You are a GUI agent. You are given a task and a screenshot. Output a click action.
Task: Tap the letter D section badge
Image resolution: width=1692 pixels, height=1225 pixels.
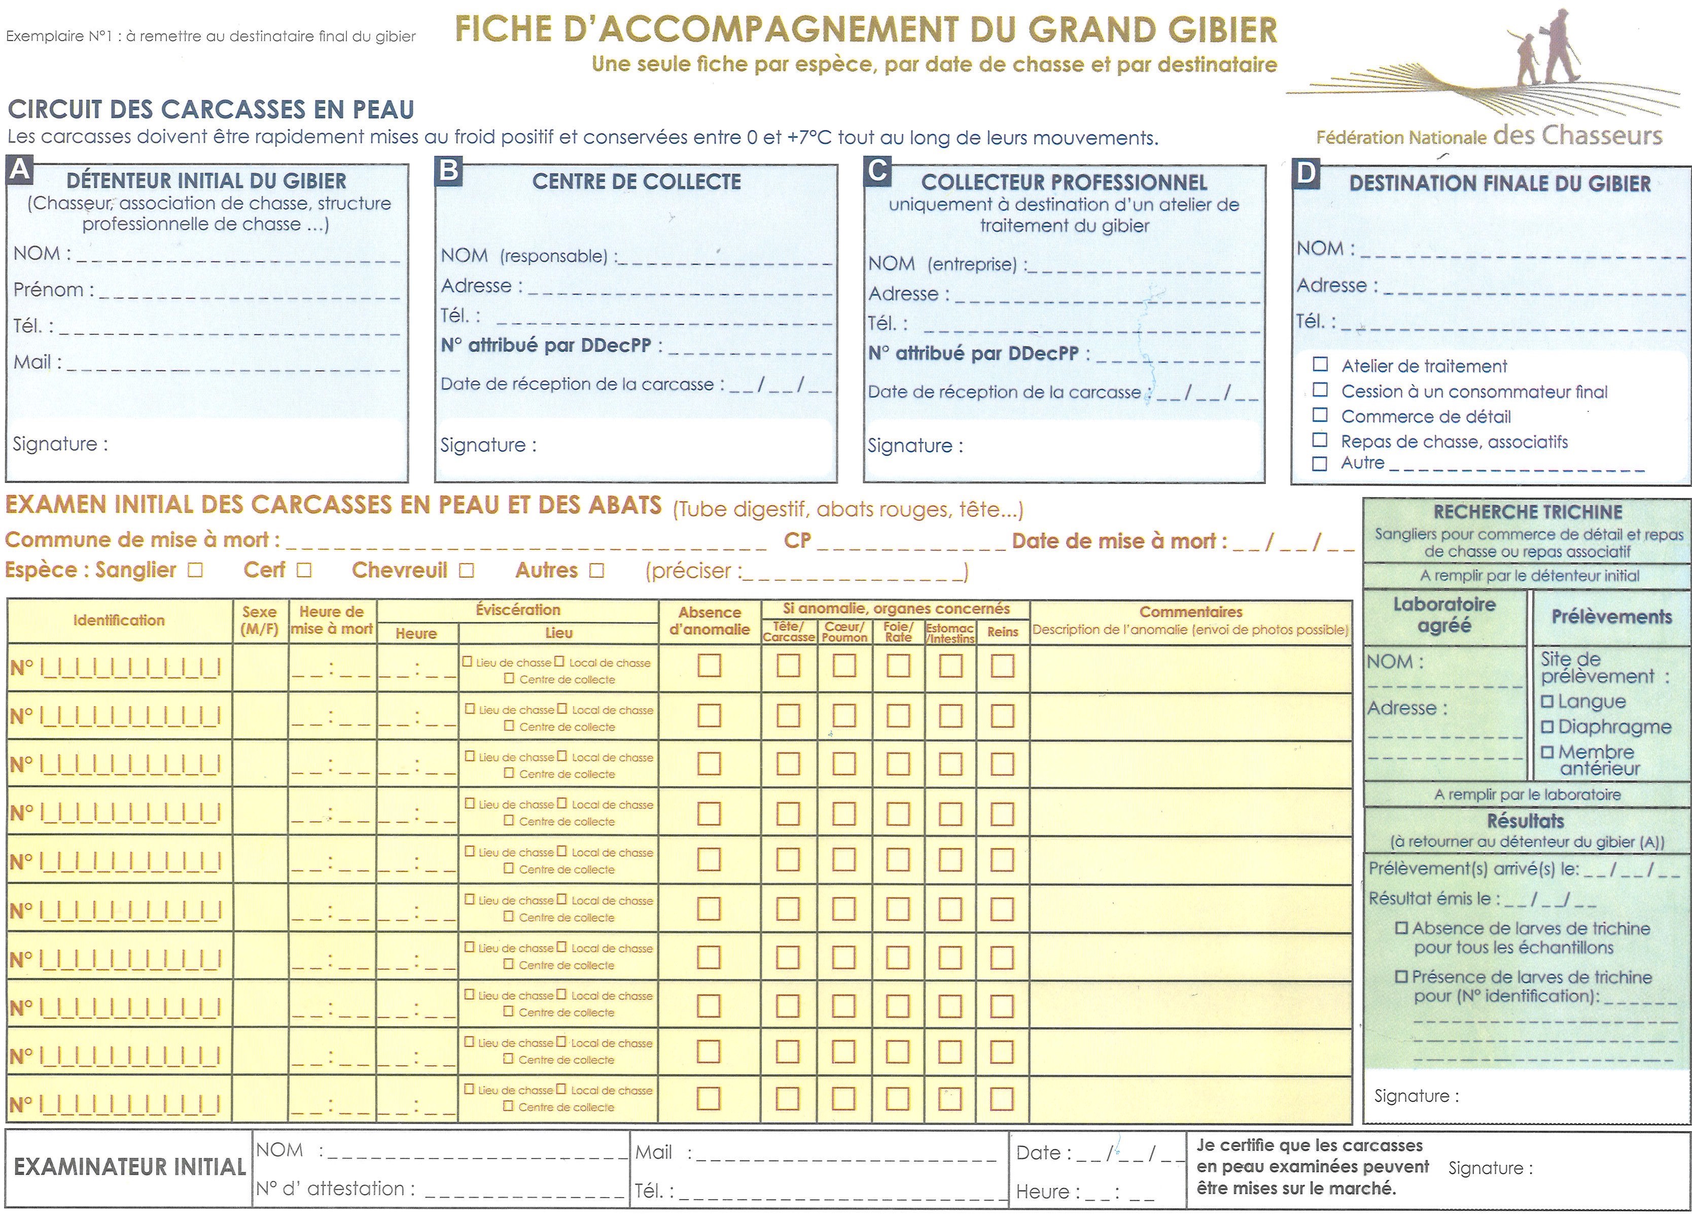(x=1306, y=173)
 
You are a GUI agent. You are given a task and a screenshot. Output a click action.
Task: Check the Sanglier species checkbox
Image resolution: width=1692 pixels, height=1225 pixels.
(x=195, y=571)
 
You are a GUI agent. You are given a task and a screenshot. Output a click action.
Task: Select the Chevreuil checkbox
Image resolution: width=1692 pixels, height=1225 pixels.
(x=466, y=571)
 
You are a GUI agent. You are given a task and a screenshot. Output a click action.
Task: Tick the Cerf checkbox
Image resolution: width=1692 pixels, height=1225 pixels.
(x=304, y=571)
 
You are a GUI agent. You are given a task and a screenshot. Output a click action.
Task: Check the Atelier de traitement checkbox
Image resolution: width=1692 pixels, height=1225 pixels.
(x=1320, y=365)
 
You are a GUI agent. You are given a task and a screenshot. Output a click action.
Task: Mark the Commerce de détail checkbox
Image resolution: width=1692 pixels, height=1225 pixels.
(x=1320, y=415)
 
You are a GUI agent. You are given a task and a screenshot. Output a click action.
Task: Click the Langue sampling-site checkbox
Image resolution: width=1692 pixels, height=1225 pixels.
(x=1547, y=702)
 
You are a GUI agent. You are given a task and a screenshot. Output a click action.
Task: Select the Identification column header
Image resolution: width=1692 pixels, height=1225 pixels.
(x=119, y=620)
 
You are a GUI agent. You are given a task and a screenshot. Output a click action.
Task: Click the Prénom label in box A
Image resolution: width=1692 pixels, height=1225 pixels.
(x=53, y=290)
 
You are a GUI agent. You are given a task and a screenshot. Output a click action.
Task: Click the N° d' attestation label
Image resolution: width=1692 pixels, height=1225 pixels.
(x=335, y=1188)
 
